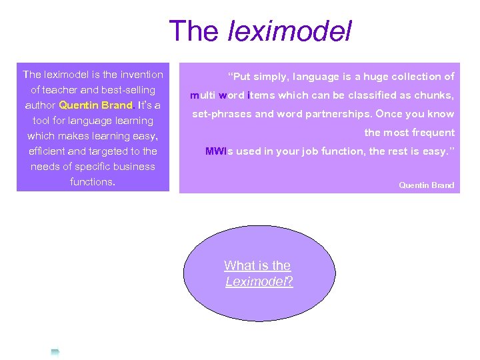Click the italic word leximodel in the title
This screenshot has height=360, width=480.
click(x=290, y=31)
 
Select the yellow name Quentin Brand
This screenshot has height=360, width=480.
click(x=95, y=105)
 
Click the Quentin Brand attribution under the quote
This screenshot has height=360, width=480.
click(x=426, y=185)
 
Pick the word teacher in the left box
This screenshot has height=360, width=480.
click(x=65, y=89)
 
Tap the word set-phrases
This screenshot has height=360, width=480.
click(x=222, y=114)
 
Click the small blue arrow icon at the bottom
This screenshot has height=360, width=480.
click(x=55, y=351)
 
